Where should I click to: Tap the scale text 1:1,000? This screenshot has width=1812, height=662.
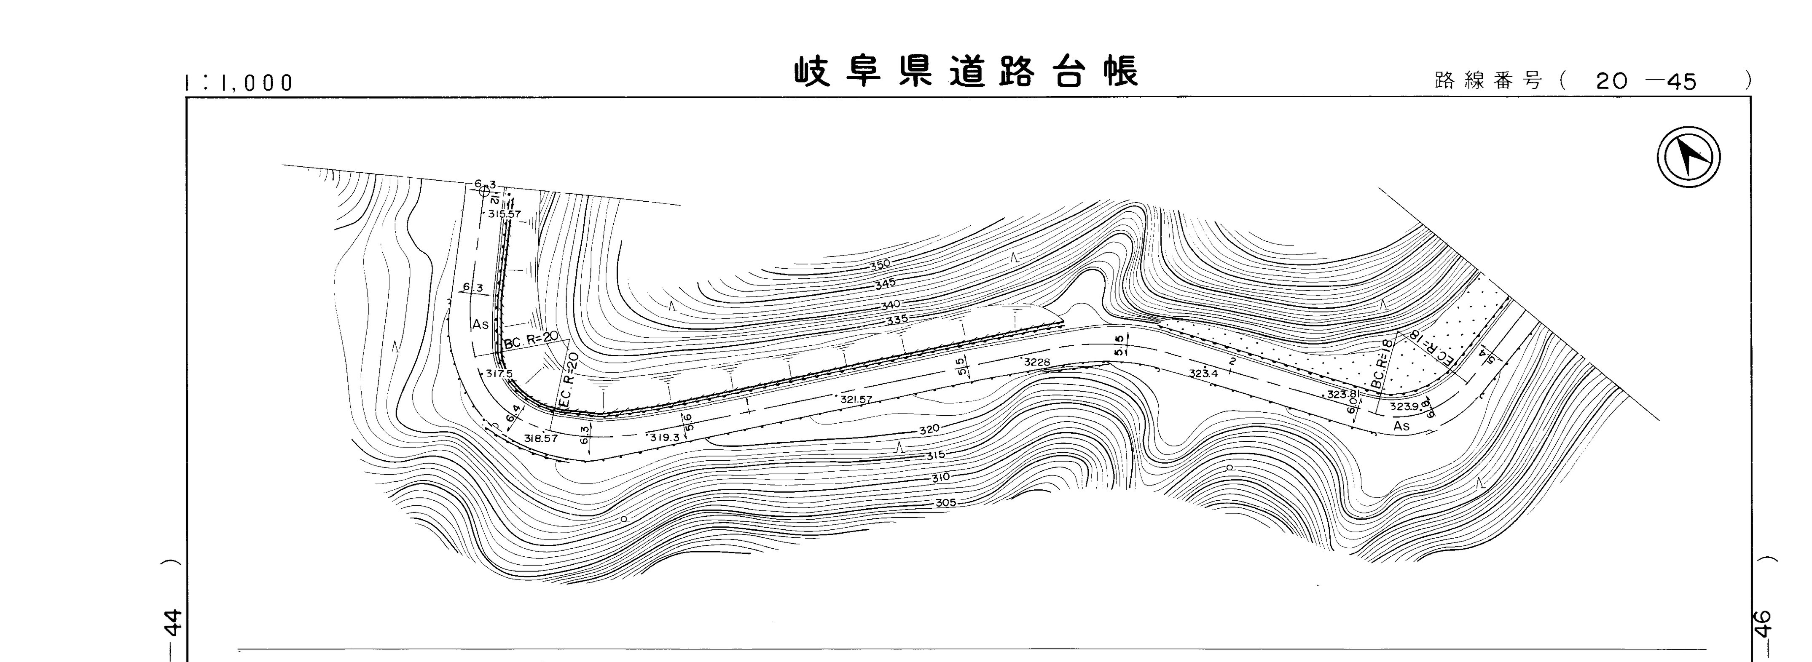point(239,83)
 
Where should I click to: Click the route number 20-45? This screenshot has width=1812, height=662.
point(1646,82)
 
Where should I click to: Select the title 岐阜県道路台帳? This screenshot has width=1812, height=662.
point(966,72)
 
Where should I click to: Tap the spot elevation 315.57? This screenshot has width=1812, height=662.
point(505,214)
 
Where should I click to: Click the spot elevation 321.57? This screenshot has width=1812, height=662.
point(856,399)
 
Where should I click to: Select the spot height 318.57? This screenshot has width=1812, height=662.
point(541,438)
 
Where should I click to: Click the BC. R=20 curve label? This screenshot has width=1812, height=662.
point(531,341)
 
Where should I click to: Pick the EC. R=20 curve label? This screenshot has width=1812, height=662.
point(568,381)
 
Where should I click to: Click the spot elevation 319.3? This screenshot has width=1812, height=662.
point(665,437)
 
